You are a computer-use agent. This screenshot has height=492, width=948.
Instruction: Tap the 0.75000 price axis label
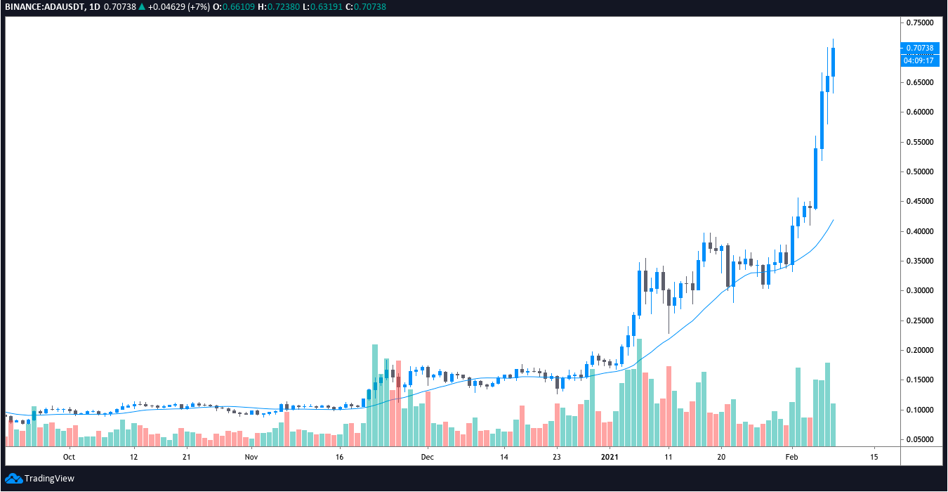point(919,22)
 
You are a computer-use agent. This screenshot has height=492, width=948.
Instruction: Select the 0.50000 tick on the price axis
point(919,171)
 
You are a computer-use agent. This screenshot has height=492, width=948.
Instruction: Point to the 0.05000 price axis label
point(919,439)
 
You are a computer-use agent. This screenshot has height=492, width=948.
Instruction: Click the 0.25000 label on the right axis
point(919,321)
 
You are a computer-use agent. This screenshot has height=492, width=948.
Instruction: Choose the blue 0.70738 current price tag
point(919,48)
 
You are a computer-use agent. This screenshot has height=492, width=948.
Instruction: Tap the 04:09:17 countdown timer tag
point(919,60)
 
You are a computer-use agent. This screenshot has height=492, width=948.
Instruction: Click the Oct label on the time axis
point(69,457)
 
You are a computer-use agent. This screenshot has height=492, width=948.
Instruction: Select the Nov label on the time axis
point(251,457)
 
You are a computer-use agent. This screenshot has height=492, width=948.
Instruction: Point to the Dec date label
point(428,457)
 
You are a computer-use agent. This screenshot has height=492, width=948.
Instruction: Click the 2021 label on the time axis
point(610,457)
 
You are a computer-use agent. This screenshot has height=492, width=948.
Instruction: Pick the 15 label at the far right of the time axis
point(874,457)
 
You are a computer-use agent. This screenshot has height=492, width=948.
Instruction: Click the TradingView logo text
point(48,479)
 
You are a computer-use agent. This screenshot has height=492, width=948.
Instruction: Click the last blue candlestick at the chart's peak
point(834,62)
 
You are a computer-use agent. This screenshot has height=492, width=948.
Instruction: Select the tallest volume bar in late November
point(375,395)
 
